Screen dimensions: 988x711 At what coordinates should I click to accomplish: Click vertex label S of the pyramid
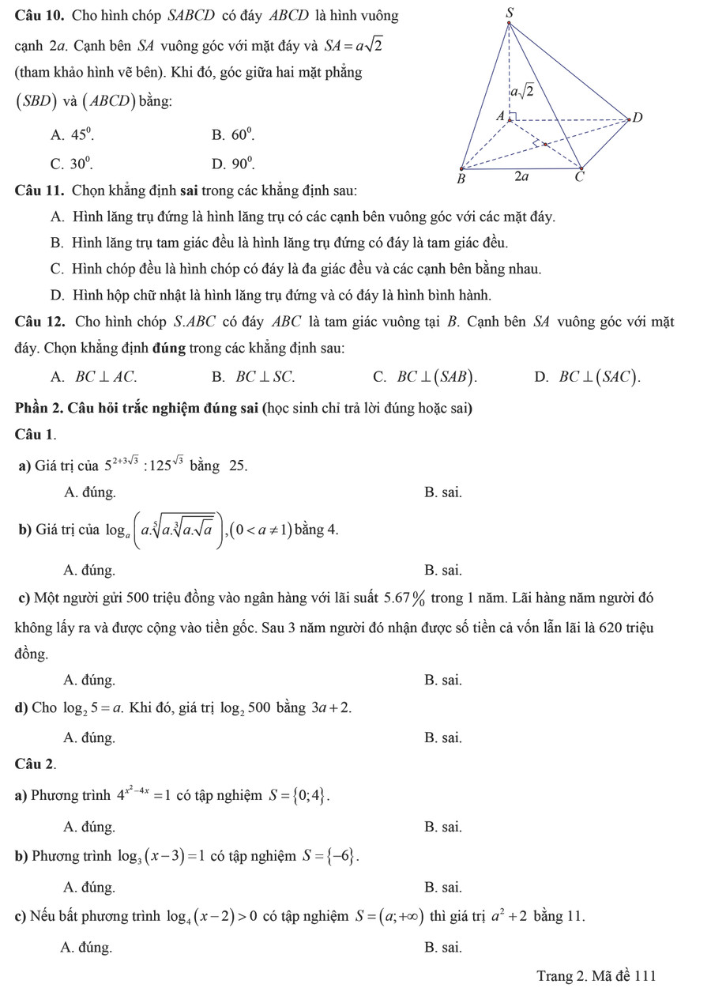[x=509, y=12]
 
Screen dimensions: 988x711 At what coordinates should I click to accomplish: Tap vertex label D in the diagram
[x=638, y=118]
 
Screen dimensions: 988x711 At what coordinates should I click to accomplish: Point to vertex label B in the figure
[x=464, y=179]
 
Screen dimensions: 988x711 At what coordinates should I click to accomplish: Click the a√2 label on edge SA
[x=521, y=92]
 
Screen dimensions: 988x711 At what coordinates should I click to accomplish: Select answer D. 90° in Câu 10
[x=231, y=164]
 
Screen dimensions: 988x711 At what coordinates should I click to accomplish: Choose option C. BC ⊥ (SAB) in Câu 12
[x=425, y=377]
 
